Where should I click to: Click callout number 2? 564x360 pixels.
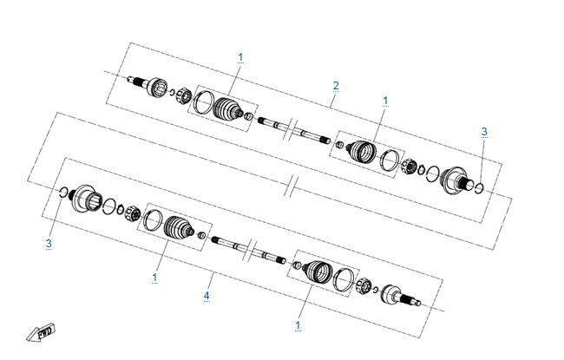point(336,86)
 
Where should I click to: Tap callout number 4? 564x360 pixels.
point(207,296)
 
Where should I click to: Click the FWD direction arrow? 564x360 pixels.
point(41,332)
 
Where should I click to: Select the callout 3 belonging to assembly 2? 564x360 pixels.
point(484,132)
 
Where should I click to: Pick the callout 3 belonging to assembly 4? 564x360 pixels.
point(49,244)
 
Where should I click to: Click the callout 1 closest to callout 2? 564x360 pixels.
point(385,101)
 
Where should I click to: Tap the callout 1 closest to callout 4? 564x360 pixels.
point(154,278)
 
